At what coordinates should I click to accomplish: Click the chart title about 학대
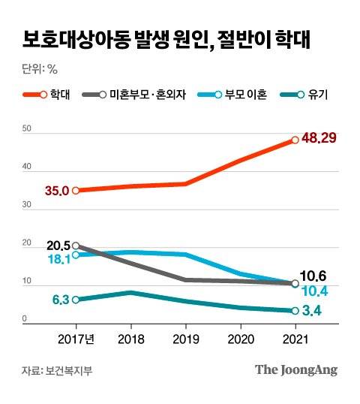[x=166, y=40]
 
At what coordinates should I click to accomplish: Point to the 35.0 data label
[x=57, y=191]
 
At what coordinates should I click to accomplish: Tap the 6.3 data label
[x=61, y=300]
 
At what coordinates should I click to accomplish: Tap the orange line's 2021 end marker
[x=295, y=140]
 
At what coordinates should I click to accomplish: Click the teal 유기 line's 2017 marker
[x=76, y=300]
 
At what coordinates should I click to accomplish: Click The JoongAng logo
[x=295, y=369]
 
